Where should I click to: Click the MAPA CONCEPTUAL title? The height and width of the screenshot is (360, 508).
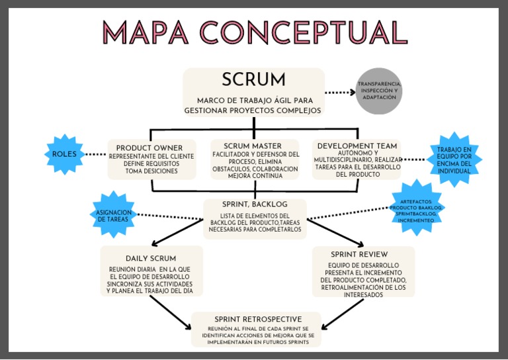click(x=255, y=33)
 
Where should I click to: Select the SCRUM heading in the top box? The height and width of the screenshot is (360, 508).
click(x=253, y=80)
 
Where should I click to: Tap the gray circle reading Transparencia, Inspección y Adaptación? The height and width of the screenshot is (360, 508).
click(x=379, y=91)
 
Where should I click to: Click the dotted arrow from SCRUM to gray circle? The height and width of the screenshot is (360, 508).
click(x=340, y=93)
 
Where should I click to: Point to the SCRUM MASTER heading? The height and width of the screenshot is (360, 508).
click(x=253, y=146)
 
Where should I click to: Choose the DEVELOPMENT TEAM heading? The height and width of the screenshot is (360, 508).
click(x=357, y=146)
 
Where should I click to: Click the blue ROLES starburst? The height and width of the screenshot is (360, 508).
click(x=65, y=154)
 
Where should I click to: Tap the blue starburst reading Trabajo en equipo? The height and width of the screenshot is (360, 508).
click(x=454, y=159)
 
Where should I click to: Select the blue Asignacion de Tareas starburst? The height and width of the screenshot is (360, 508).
click(x=112, y=216)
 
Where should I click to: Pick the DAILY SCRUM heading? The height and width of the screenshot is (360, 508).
click(x=151, y=258)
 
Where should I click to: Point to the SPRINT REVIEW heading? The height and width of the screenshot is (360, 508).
click(x=359, y=254)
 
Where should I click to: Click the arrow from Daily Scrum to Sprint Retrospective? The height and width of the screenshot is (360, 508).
click(x=171, y=312)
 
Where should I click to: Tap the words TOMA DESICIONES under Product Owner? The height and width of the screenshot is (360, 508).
click(x=151, y=171)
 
